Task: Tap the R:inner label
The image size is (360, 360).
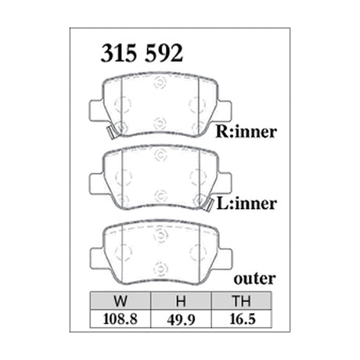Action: click(245, 131)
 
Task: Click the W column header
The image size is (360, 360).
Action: click(119, 300)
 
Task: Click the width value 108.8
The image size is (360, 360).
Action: click(119, 318)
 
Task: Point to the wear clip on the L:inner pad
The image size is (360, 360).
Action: click(210, 204)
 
